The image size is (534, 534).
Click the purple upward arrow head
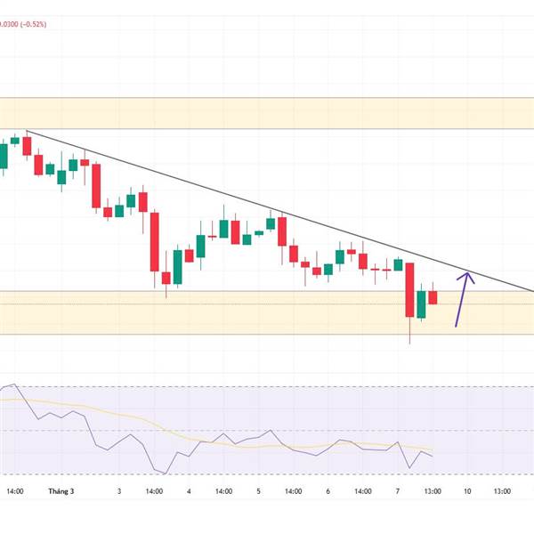tap(466, 277)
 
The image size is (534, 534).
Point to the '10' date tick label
tap(466, 490)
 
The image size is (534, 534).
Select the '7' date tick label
tap(398, 490)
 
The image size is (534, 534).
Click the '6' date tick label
tap(328, 490)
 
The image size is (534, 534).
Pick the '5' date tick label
tap(259, 490)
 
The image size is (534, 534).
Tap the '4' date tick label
tap(190, 490)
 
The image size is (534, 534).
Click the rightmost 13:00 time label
tap(502, 490)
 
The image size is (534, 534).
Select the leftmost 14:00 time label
tap(15, 490)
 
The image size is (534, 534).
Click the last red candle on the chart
tap(433, 297)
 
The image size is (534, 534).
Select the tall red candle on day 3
tap(155, 240)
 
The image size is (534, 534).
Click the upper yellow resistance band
tap(267, 113)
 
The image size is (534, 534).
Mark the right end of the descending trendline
tap(532, 290)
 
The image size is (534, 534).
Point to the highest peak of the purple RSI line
tap(15, 384)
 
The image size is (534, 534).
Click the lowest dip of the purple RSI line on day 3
tap(160, 471)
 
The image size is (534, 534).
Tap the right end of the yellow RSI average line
tap(433, 449)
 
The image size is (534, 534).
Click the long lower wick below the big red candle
tap(410, 331)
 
